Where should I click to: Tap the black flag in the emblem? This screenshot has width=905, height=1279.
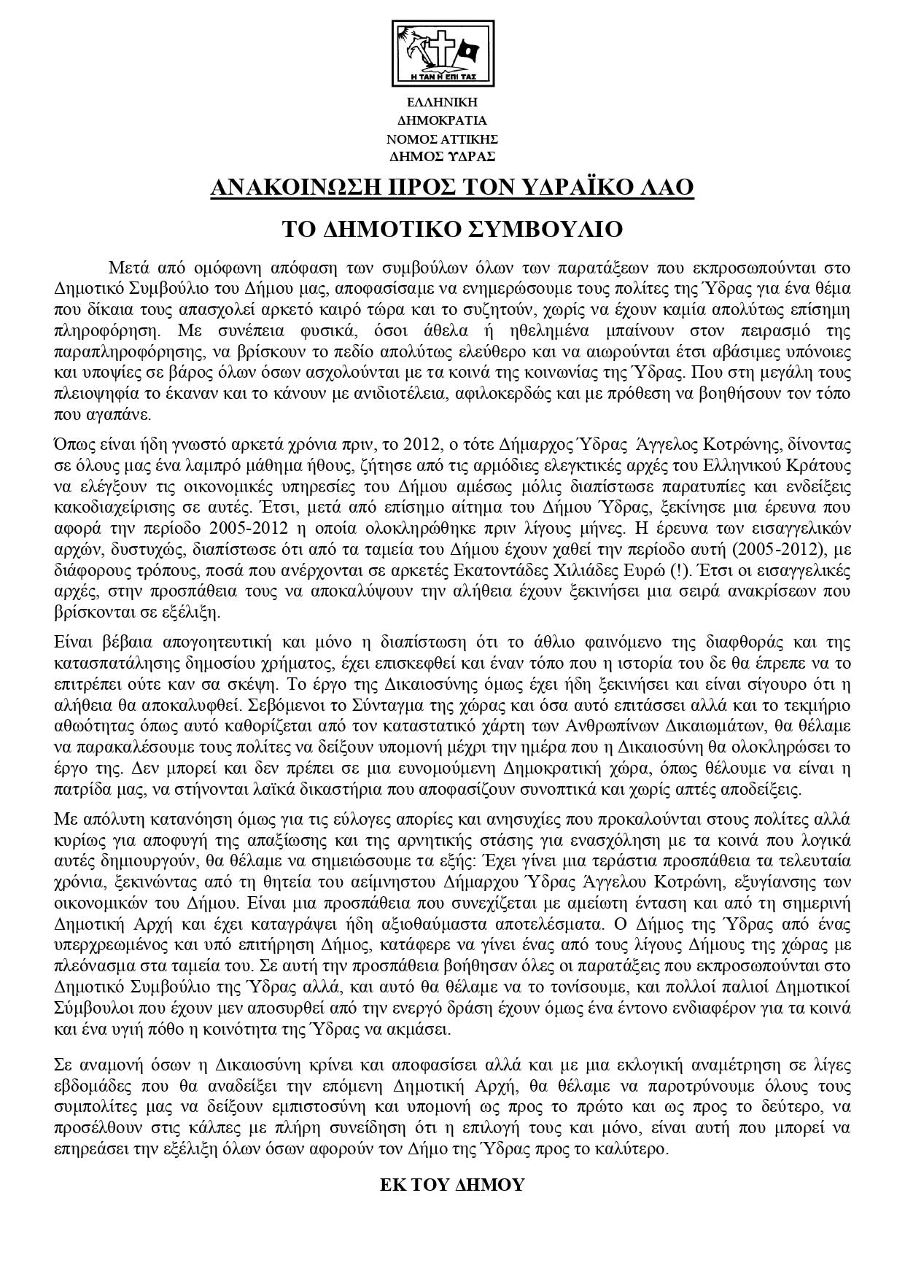click(466, 53)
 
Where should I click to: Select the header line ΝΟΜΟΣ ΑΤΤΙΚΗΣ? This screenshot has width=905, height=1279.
click(442, 139)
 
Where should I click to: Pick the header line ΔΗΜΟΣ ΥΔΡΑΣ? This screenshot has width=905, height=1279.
click(442, 156)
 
